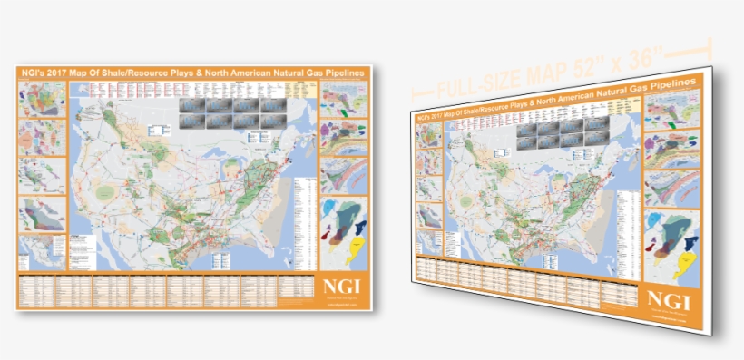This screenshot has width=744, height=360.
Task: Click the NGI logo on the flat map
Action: click(344, 288)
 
